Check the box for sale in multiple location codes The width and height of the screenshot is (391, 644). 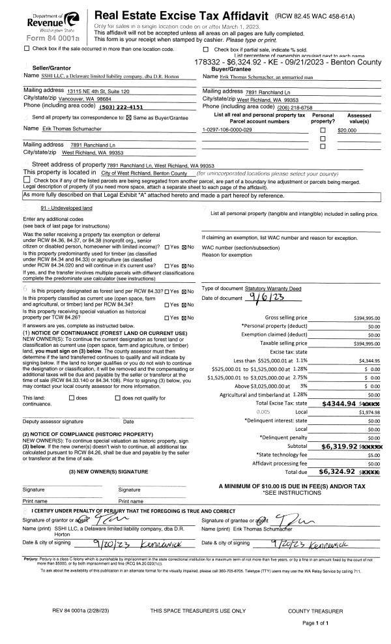click(27, 49)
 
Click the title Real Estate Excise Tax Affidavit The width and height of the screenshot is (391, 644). click(182, 15)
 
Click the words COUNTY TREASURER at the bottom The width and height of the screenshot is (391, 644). click(315, 611)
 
